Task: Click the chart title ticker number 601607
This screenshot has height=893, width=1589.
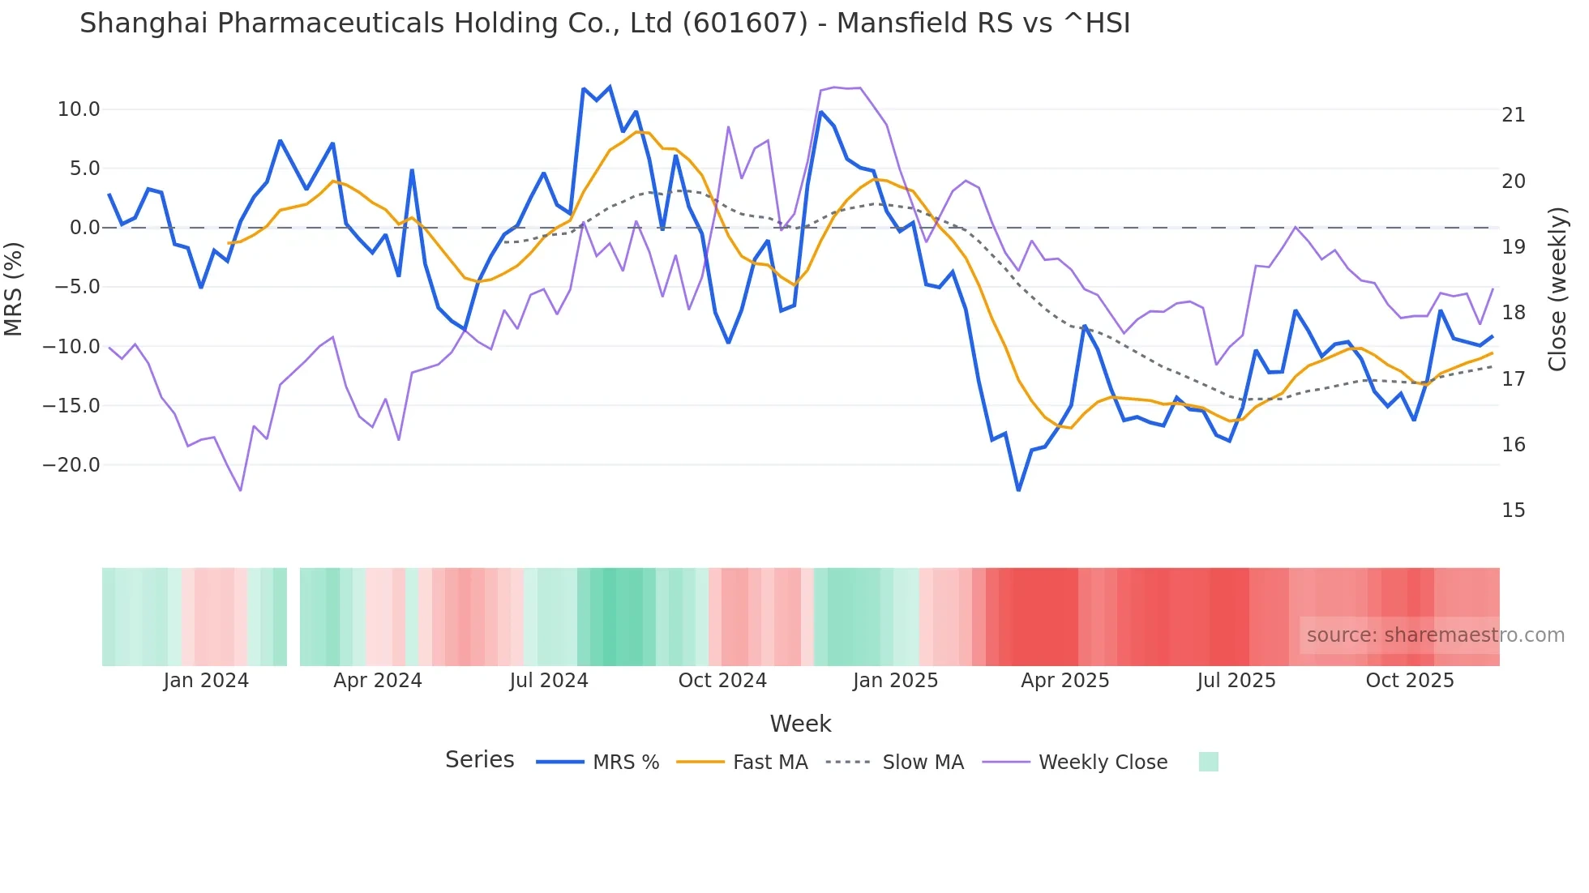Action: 745,23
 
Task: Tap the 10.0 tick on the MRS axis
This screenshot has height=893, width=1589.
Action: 78,109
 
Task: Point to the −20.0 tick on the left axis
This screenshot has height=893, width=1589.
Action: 71,465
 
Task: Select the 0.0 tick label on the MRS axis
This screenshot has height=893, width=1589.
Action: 84,228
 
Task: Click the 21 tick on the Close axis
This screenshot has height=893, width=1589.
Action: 1513,115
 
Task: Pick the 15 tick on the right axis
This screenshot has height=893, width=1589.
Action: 1513,511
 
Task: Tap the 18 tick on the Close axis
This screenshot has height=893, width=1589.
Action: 1513,313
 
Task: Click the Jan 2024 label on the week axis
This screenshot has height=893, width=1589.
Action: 206,681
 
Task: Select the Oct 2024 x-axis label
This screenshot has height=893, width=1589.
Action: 722,681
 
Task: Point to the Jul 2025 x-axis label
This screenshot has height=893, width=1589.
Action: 1236,681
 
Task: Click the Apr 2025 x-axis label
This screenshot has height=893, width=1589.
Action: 1064,681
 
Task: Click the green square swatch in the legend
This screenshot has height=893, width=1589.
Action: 1208,762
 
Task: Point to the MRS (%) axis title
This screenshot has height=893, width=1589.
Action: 14,288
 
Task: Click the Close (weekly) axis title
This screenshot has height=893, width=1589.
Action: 1557,288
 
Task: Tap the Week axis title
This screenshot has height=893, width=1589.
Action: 800,724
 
